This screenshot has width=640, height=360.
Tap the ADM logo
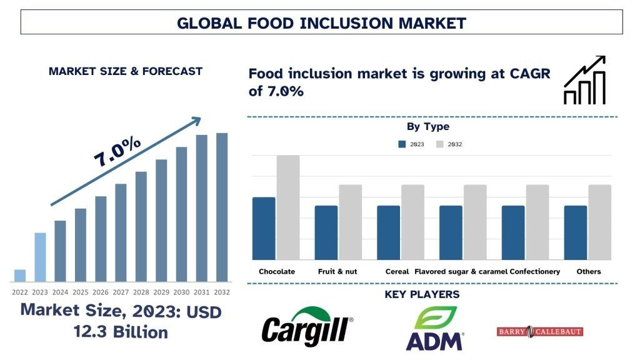tap(434, 328)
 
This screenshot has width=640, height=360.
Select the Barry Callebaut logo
tap(539, 331)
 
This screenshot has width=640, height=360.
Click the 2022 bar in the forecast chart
tap(20, 276)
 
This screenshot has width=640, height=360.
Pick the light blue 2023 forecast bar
tap(40, 257)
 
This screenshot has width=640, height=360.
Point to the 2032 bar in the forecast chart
tap(222, 207)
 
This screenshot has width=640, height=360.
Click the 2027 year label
tap(121, 291)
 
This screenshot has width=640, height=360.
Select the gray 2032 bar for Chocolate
tap(288, 207)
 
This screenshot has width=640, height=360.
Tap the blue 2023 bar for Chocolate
tap(264, 228)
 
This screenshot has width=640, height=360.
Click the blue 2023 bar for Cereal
tap(388, 232)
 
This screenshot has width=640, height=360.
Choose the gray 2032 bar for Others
tap(599, 222)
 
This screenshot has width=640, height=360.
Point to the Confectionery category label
tap(535, 272)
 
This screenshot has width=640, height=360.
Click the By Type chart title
tap(428, 127)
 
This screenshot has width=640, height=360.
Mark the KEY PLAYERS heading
tap(422, 294)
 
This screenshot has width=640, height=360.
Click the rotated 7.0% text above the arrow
tap(117, 151)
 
